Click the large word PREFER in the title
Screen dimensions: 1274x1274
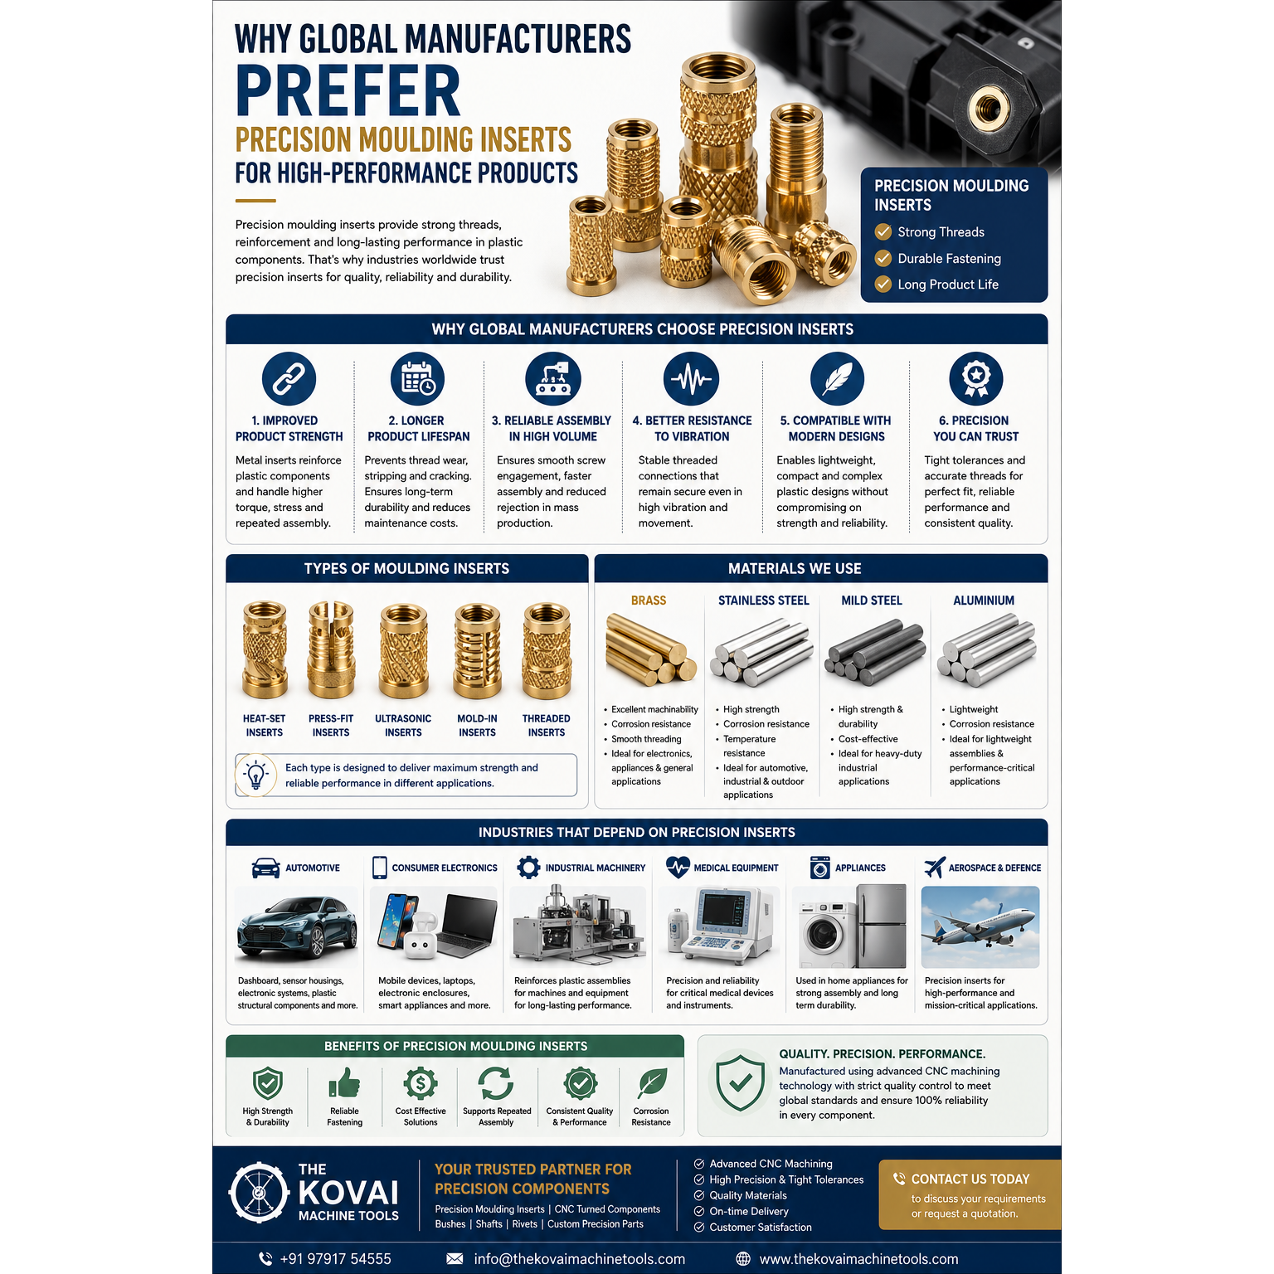click(348, 91)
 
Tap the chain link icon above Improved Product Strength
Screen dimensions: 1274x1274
click(289, 379)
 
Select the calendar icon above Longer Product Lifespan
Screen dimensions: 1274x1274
click(418, 379)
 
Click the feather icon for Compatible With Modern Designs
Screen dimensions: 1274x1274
click(837, 379)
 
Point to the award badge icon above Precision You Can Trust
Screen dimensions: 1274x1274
click(976, 379)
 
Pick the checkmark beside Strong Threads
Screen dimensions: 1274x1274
click(883, 232)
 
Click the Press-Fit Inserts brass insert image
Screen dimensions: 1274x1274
click(331, 650)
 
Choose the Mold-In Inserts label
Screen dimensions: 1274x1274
click(477, 726)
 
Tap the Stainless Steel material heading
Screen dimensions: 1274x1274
click(763, 601)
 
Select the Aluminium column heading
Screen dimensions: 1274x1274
click(984, 601)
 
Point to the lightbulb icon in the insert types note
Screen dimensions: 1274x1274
click(256, 776)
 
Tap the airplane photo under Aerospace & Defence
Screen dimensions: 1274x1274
click(980, 927)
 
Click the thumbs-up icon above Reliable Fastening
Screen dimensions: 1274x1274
click(344, 1083)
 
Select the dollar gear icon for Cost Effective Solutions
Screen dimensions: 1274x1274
click(421, 1083)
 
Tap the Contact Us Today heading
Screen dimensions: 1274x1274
click(970, 1179)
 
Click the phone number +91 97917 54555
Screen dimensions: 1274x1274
click(335, 1259)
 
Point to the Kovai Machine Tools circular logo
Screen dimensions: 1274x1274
click(259, 1193)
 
